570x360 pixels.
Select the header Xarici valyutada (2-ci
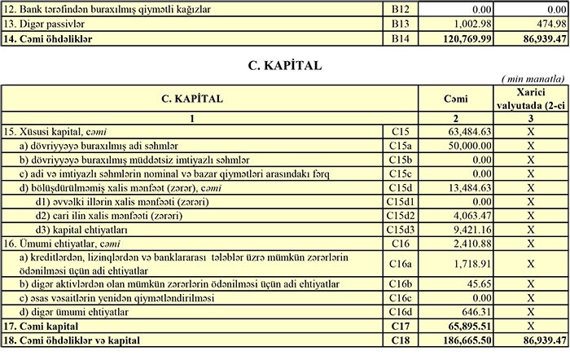coord(530,98)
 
